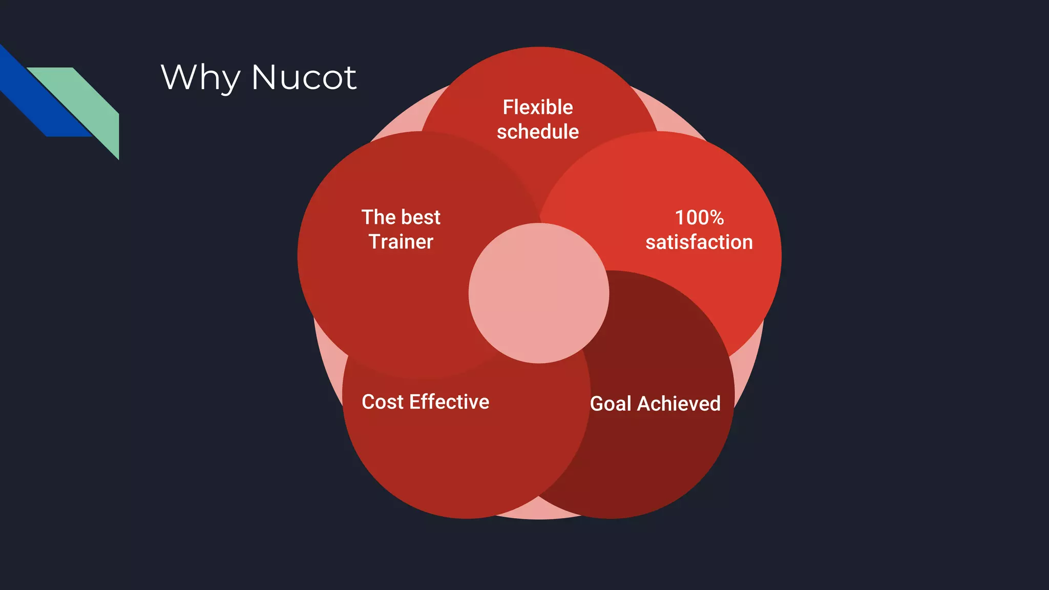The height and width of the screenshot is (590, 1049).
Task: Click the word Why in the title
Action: pos(200,78)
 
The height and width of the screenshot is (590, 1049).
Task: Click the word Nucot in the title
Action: pos(304,78)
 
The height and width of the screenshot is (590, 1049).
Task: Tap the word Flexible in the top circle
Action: pos(538,108)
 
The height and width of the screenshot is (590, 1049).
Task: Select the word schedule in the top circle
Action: pos(538,132)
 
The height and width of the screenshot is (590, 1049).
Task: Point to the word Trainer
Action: pos(401,242)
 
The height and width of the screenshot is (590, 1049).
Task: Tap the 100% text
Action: pos(699,218)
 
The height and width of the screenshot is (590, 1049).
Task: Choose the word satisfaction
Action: pos(699,242)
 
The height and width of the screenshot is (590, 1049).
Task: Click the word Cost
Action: pos(383,402)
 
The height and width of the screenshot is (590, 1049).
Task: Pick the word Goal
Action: pos(611,404)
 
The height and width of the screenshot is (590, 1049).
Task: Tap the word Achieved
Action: pos(679,404)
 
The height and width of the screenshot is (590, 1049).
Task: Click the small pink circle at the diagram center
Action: pos(539,293)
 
